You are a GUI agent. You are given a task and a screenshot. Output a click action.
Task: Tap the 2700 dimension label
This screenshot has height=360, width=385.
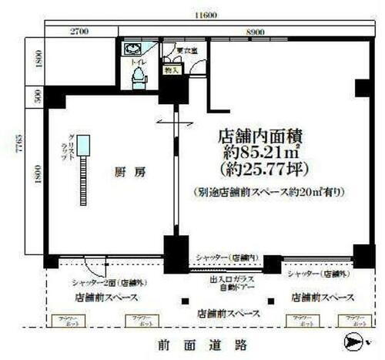(x=81, y=32)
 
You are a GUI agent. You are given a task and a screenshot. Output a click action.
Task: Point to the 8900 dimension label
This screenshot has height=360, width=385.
(x=250, y=32)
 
